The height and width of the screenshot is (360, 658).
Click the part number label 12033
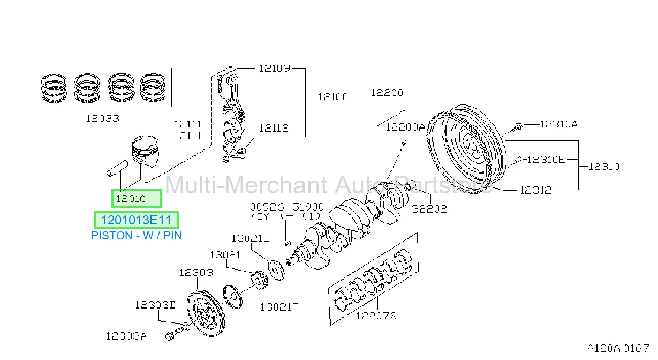[x=103, y=118]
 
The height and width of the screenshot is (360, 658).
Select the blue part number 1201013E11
[x=137, y=220]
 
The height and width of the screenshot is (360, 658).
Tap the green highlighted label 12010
[x=131, y=199]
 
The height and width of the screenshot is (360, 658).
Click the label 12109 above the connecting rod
[x=275, y=69]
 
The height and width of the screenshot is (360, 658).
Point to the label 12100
[x=333, y=96]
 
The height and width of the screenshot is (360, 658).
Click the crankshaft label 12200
[x=387, y=93]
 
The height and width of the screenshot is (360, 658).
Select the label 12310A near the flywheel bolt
[x=559, y=124]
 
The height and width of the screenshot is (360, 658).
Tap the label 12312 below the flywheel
[x=535, y=190]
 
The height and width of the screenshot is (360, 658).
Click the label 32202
[x=429, y=209]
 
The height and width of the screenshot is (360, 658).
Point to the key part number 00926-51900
[x=287, y=207]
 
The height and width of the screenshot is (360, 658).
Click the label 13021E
[x=250, y=238]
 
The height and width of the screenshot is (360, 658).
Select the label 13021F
[x=279, y=307]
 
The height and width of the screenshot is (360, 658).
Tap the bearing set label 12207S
[x=376, y=316]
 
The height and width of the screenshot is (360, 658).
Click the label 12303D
[x=155, y=305]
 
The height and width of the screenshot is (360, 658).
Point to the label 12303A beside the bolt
[x=126, y=336]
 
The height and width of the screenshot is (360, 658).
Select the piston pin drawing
[x=117, y=168]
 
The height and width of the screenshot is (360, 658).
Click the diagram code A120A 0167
[x=618, y=348]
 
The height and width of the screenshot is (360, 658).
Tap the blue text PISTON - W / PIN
[x=137, y=236]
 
